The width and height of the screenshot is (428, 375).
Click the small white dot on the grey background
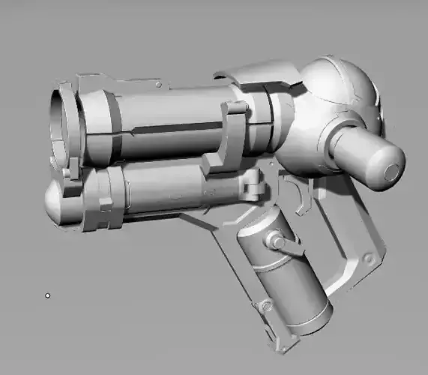pos(48,295)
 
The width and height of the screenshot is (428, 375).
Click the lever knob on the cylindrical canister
pos(277,241)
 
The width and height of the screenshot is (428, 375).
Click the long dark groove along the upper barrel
pos(180,128)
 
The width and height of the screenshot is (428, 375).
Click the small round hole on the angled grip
pos(368,257)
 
